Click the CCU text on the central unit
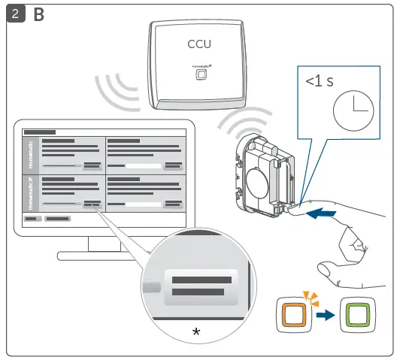coord(199,44)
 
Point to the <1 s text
coord(320,81)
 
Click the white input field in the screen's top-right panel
coord(143,165)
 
